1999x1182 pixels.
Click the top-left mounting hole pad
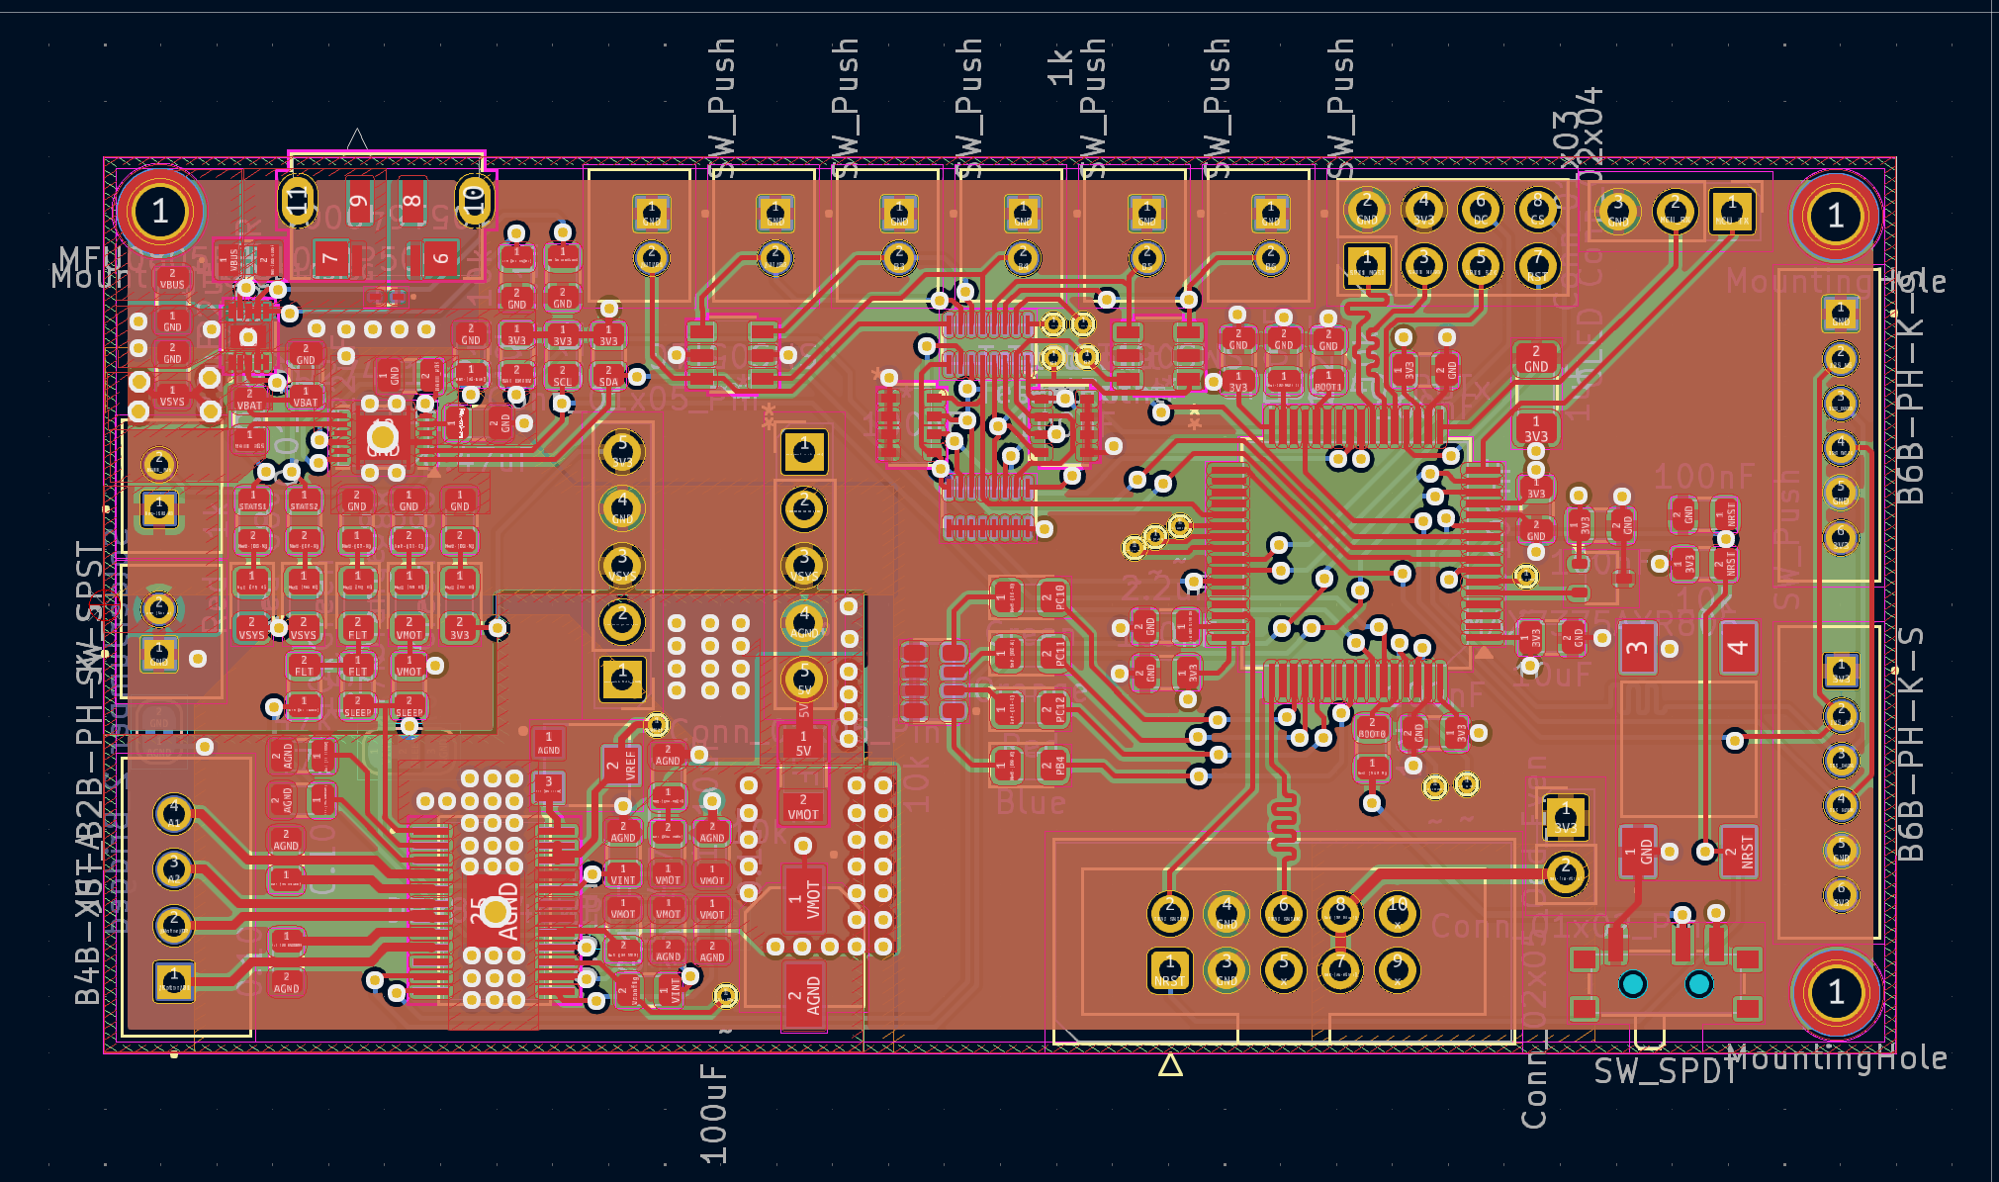[160, 212]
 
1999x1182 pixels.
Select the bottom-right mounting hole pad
[1836, 991]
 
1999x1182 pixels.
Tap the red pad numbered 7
[331, 259]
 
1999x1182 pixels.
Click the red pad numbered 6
[439, 259]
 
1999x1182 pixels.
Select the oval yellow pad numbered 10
[474, 201]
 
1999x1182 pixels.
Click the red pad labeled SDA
[608, 376]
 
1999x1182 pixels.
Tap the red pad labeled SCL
[562, 376]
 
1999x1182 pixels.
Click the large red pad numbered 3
[1637, 648]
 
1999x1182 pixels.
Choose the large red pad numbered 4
[1738, 648]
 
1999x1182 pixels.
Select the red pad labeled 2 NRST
[1738, 852]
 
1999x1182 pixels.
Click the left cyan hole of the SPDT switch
[1632, 984]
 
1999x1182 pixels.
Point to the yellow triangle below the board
[1170, 1065]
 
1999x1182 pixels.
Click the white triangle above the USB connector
[357, 139]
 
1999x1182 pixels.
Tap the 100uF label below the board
[713, 1115]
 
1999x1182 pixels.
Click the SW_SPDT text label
[1665, 1071]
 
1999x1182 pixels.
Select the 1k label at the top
[1059, 67]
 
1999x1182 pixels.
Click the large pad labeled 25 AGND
[496, 911]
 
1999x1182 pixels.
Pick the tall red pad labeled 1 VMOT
[811, 900]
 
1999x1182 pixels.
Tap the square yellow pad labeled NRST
[1169, 970]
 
